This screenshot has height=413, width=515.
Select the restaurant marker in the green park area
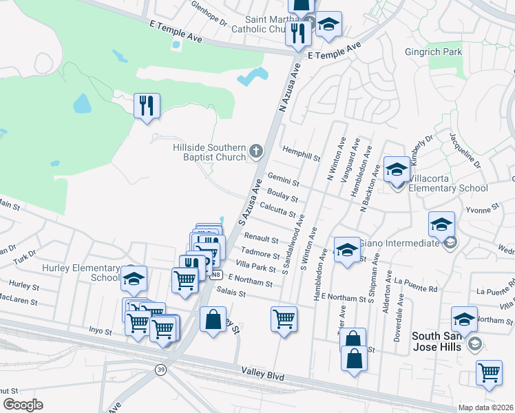coord(147,106)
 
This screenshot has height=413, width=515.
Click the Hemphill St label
coord(302,153)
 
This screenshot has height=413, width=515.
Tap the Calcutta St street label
coord(278,209)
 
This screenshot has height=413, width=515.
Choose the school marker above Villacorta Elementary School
coord(397,169)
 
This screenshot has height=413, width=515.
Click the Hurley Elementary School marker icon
coord(134,278)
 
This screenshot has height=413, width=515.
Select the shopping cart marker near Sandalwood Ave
coord(284,319)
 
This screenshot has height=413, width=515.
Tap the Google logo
coord(23,404)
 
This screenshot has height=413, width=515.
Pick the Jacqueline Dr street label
coord(465,151)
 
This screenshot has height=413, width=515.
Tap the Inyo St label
coord(100,331)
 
